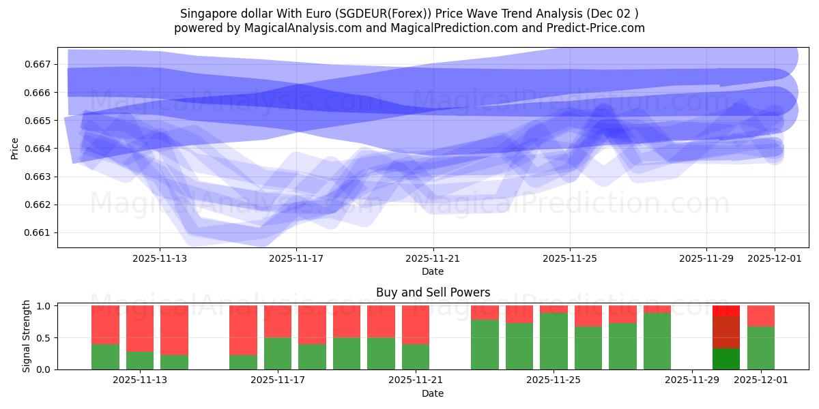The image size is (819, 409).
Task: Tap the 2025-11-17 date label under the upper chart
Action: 296,258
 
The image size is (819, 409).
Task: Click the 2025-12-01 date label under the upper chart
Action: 775,258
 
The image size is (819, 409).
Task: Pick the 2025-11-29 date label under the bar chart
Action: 692,380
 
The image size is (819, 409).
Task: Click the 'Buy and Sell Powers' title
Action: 433,292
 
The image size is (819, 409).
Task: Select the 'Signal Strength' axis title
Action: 27,336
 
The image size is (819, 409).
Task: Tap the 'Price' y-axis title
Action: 15,147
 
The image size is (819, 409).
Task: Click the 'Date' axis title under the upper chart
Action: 433,271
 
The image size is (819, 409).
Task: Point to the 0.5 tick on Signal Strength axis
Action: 44,338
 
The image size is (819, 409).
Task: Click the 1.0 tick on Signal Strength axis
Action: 44,306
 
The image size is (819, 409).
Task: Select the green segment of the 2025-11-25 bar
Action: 554,341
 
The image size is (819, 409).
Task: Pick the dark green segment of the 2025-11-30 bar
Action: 726,359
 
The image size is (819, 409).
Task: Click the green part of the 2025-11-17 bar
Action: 278,353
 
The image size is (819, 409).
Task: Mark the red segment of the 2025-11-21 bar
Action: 416,324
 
